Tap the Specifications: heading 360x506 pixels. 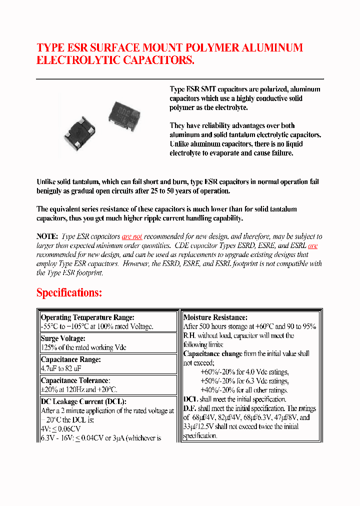69,292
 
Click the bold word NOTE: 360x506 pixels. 47,236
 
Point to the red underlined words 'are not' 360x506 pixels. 132,236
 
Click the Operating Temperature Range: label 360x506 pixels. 87,317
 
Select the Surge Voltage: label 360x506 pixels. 63,338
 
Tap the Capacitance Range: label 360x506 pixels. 70,359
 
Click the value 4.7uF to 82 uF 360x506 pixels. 60,368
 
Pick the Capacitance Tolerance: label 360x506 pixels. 74,380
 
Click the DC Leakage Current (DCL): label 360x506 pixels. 83,401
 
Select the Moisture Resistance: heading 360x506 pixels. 215,317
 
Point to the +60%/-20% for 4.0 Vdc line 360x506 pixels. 244,372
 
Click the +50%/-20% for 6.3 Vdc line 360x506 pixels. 244,381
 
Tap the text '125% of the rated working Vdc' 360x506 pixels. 83,347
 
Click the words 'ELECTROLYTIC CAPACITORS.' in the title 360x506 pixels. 115,60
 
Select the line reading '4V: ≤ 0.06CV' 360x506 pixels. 60,429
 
